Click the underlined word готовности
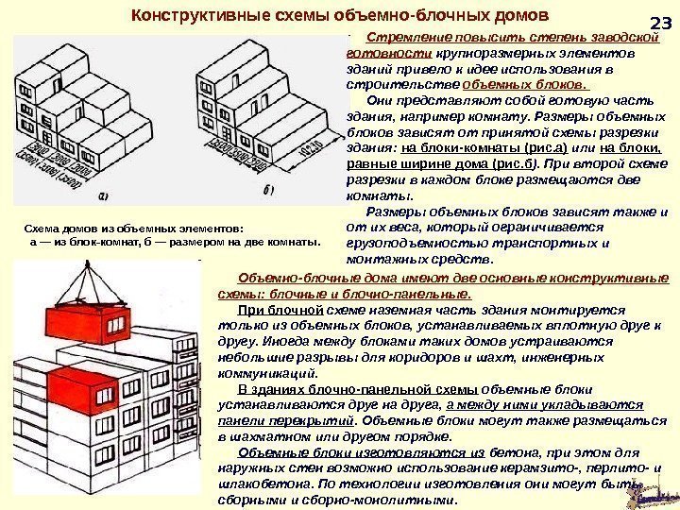(370, 54)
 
